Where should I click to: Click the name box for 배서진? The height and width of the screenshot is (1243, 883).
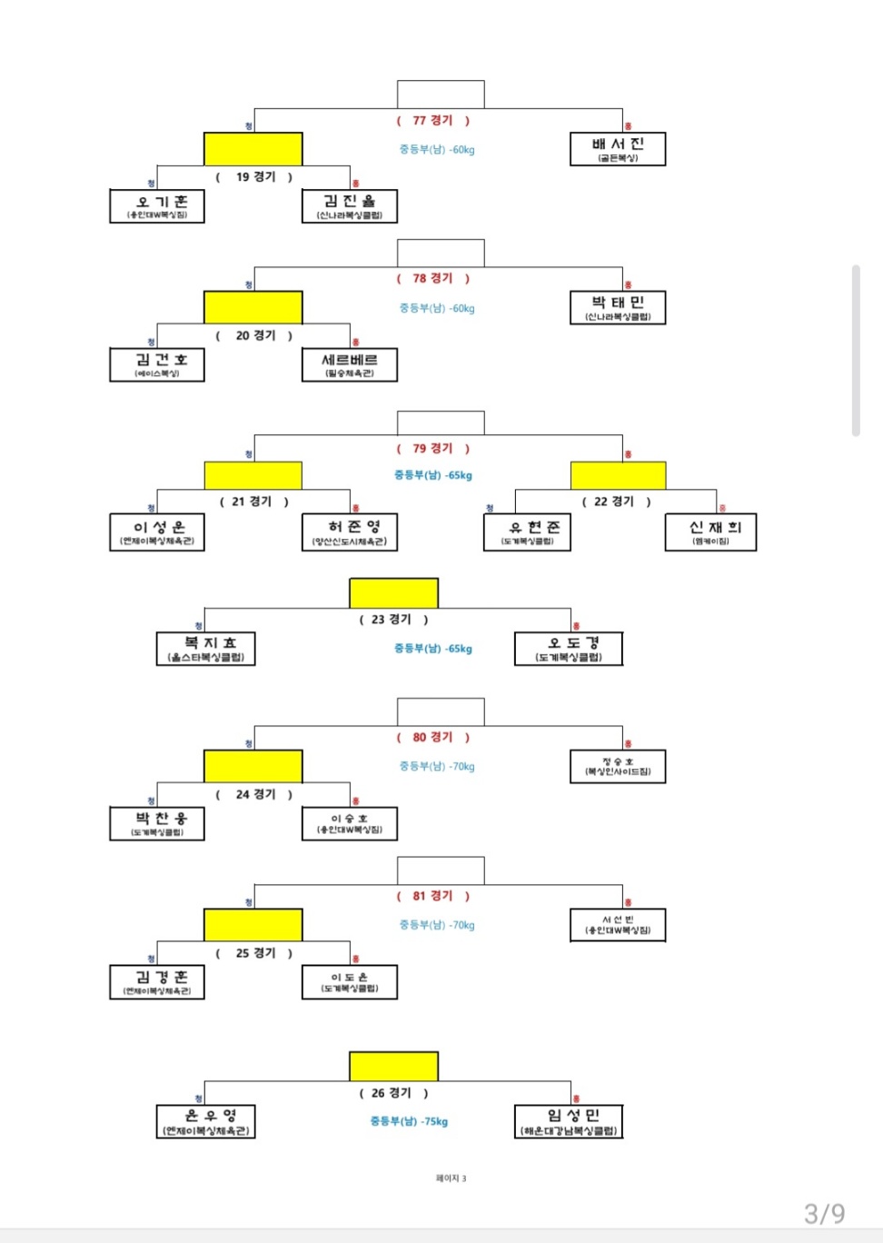[x=618, y=149]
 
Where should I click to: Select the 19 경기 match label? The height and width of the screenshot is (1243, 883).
[x=254, y=177]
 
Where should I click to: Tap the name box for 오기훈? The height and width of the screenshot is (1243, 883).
[x=157, y=206]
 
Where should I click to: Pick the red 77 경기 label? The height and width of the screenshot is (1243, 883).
[x=432, y=121]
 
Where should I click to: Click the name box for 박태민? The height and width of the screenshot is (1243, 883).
[x=618, y=307]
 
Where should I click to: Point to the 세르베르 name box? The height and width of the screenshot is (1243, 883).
[x=350, y=364]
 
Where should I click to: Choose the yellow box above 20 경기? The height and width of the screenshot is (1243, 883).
[x=253, y=308]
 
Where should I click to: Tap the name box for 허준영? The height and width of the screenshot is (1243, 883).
[x=350, y=532]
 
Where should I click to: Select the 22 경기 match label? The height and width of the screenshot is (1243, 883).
[x=616, y=502]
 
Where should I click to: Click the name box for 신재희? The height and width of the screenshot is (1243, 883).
[x=710, y=532]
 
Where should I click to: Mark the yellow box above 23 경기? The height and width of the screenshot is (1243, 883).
[x=393, y=593]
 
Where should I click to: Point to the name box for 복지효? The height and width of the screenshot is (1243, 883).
[x=206, y=649]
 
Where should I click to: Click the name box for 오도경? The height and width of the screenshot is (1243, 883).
[x=569, y=649]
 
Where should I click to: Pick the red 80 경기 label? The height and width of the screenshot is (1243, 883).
[x=432, y=738]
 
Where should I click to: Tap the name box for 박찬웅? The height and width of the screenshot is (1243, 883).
[x=157, y=823]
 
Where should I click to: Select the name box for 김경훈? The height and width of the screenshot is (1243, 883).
[x=157, y=982]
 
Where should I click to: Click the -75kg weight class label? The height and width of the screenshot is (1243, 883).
[x=409, y=1121]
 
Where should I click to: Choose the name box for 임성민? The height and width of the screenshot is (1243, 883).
[x=569, y=1121]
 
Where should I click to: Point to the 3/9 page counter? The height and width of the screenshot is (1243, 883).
[x=824, y=1214]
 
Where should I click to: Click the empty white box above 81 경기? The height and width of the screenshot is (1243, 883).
[x=441, y=870]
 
